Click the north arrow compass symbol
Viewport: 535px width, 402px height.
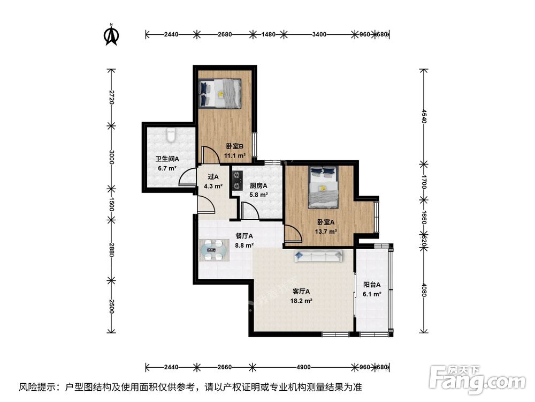(111, 34)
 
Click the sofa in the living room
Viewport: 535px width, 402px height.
(318, 256)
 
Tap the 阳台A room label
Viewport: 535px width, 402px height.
(372, 285)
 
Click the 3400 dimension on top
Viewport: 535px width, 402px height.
(319, 34)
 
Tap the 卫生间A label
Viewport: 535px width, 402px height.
(167, 159)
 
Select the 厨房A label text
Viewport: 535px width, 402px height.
(258, 186)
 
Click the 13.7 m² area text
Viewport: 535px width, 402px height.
(326, 232)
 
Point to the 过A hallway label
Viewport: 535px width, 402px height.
(213, 177)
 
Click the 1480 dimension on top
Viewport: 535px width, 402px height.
(269, 34)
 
